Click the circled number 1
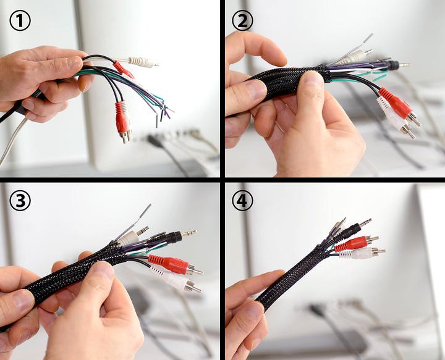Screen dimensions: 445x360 click(20, 21)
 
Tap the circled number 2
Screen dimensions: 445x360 click(242, 21)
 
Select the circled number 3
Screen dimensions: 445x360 click(20, 201)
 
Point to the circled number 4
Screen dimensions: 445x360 click(242, 201)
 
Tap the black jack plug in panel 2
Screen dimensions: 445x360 click(396, 65)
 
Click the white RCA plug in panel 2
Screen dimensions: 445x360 click(396, 118)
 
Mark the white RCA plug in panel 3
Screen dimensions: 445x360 click(176, 279)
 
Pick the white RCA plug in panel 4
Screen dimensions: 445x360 click(362, 253)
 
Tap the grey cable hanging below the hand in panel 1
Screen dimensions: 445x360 click(11, 142)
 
